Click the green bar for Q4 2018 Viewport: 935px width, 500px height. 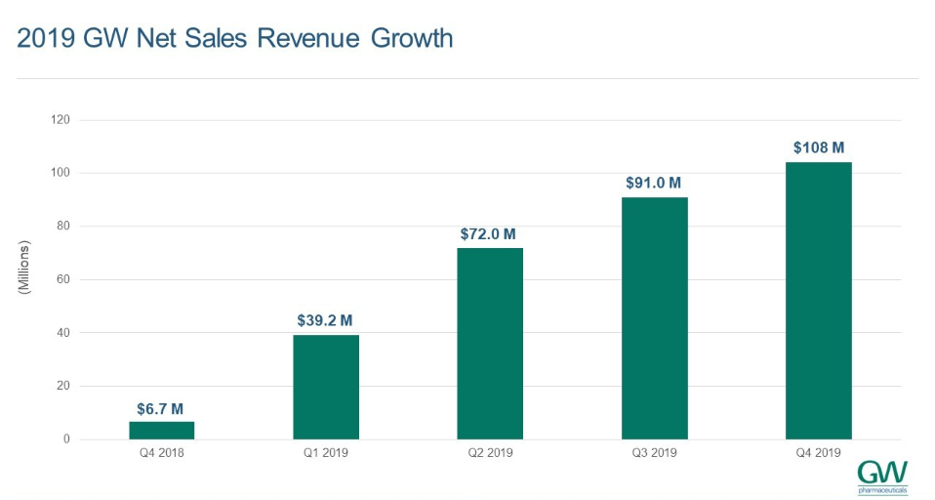(x=161, y=431)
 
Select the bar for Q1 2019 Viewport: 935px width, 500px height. (x=326, y=387)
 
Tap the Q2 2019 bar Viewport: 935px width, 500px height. (x=490, y=344)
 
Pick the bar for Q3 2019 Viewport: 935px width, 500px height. (x=654, y=318)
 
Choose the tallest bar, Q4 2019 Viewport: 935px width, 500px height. (x=818, y=301)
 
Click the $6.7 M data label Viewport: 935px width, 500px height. (x=160, y=409)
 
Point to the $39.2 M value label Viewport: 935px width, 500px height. (x=325, y=319)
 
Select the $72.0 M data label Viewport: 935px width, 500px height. (x=489, y=234)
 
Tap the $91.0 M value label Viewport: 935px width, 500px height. (x=653, y=183)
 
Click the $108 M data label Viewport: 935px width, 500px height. (x=818, y=147)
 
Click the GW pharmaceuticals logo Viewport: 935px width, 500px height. (x=882, y=476)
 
